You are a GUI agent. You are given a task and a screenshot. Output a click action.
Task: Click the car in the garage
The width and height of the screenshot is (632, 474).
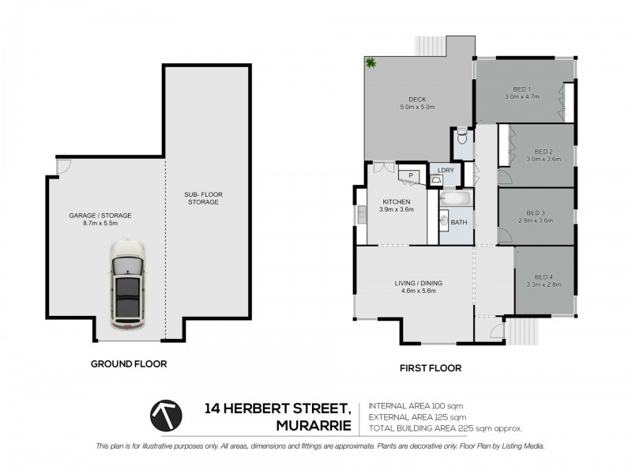point(127,285)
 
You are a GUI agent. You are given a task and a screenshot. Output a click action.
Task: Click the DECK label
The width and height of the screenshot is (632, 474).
point(418,99)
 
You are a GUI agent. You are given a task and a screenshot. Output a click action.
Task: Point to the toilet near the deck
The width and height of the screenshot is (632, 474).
point(463,141)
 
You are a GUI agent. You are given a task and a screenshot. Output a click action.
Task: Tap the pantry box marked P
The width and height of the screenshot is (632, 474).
point(411,175)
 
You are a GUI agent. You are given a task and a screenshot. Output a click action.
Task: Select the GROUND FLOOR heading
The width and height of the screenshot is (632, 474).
point(129,364)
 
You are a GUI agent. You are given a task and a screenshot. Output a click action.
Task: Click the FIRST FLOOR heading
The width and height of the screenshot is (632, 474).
point(431,367)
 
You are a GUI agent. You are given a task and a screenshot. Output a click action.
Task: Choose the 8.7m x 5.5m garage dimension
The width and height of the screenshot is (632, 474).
point(100,224)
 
